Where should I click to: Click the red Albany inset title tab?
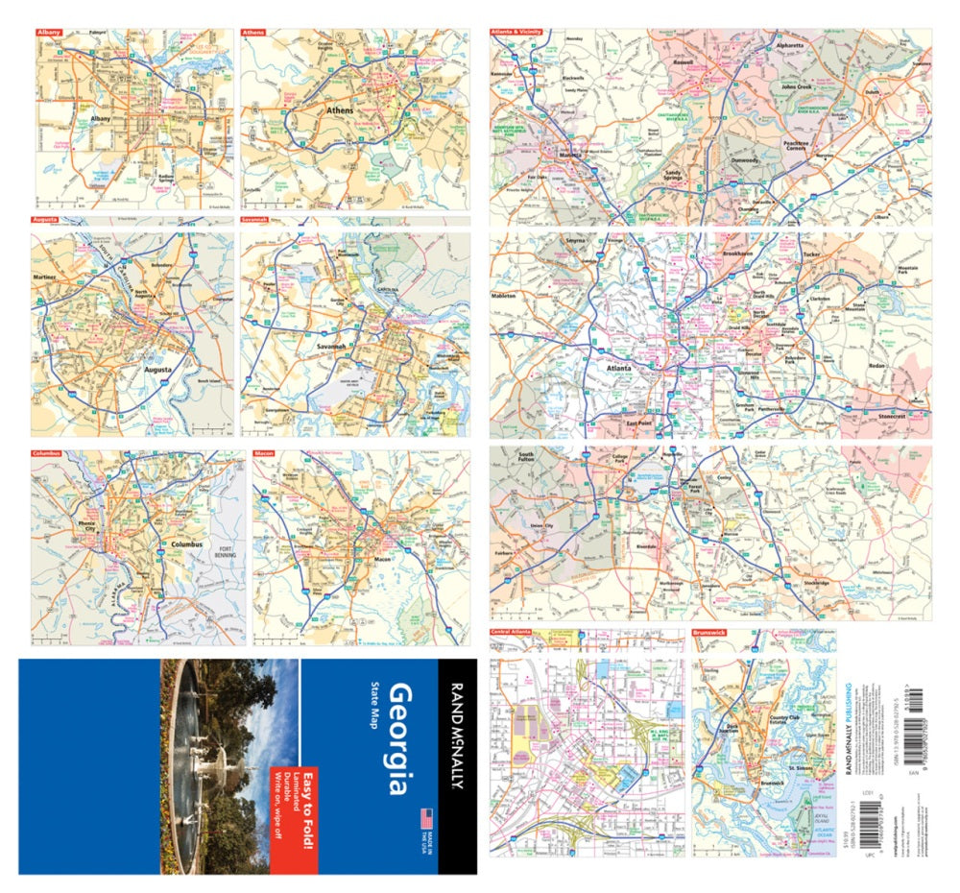coord(49,33)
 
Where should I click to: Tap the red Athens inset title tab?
coord(253,33)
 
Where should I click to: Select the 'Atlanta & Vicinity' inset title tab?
coord(516,33)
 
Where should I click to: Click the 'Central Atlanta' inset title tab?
coord(514,634)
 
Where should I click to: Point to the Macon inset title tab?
coord(264,451)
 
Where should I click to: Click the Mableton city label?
coord(505,297)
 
